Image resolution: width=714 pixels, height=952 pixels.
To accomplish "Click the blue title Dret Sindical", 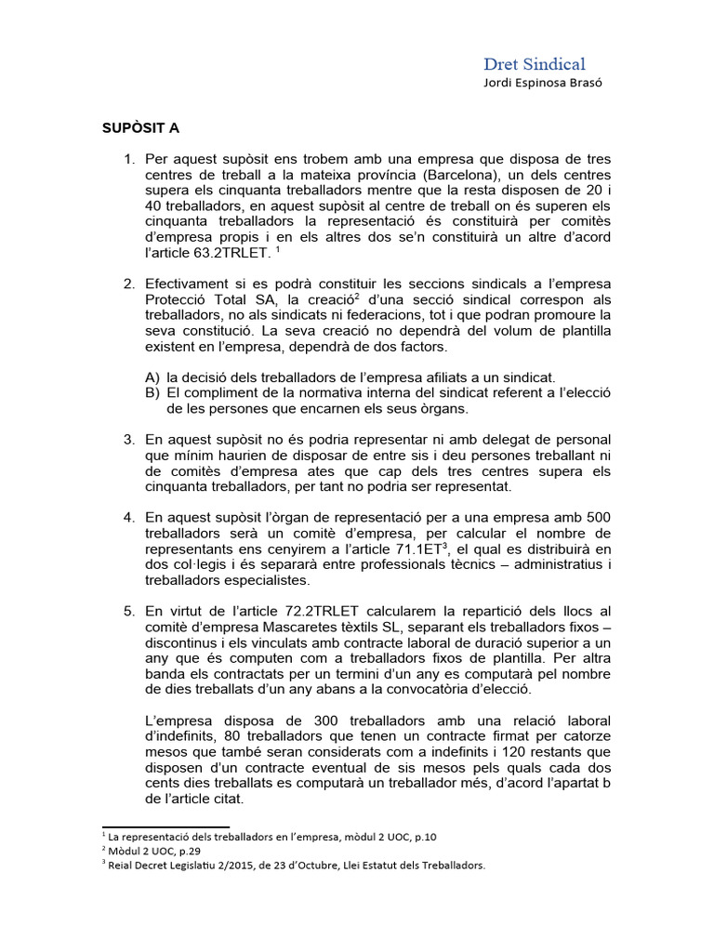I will pyautogui.click(x=534, y=64).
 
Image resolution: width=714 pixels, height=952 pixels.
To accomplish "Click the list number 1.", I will pyautogui.click(x=129, y=160).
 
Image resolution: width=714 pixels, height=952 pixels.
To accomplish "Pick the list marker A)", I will pyautogui.click(x=152, y=377).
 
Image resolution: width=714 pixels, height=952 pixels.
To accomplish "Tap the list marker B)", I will pyautogui.click(x=152, y=392).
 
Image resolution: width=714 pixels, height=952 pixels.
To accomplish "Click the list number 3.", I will pyautogui.click(x=129, y=438).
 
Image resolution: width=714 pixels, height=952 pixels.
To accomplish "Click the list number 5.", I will pyautogui.click(x=129, y=611).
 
